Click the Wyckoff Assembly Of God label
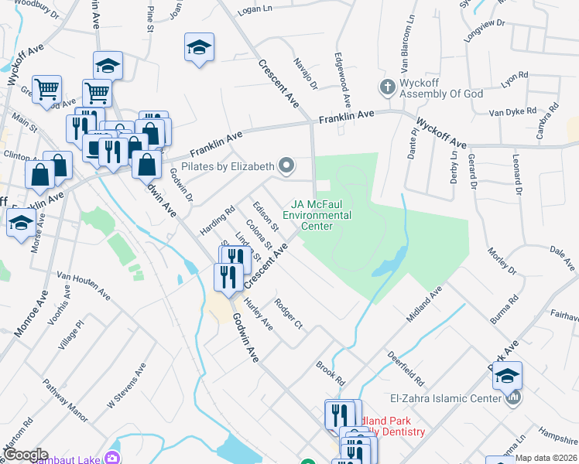pyautogui.click(x=441, y=94)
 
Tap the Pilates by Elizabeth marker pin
pyautogui.click(x=287, y=165)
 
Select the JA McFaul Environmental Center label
pyautogui.click(x=317, y=216)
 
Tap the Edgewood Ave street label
pyautogui.click(x=342, y=80)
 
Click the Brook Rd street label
pyautogui.click(x=330, y=373)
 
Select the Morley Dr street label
pyautogui.click(x=501, y=261)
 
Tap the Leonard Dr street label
pyautogui.click(x=516, y=174)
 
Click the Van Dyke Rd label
pyautogui.click(x=512, y=111)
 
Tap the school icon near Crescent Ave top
pyautogui.click(x=199, y=48)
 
